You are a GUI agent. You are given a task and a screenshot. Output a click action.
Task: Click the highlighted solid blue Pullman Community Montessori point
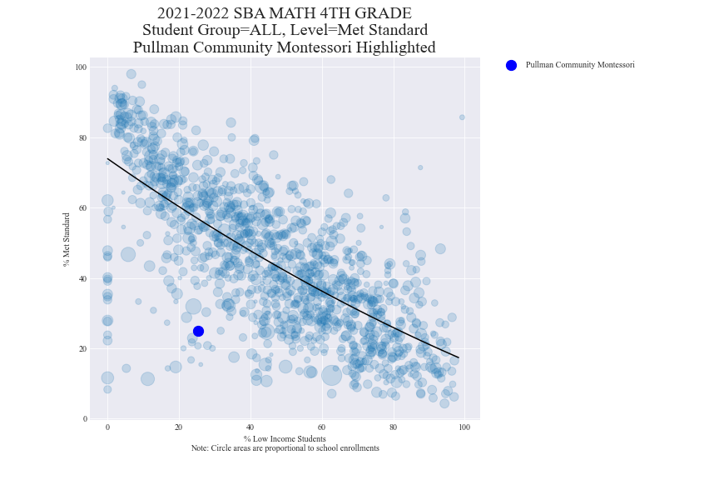click(x=198, y=331)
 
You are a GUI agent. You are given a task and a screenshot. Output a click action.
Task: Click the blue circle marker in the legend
click(x=511, y=65)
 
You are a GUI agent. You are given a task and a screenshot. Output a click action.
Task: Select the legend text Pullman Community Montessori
click(x=580, y=65)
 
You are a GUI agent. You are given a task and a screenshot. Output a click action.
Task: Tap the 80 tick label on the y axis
click(x=82, y=137)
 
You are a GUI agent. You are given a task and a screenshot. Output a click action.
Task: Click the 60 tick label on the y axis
click(x=82, y=207)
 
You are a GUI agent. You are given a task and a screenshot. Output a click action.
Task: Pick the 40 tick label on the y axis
click(x=82, y=278)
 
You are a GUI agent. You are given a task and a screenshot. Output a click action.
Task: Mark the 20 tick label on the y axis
click(x=82, y=348)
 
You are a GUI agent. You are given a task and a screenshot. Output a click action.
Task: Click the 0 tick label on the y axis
click(x=84, y=419)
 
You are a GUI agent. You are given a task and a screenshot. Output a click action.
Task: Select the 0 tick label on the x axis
click(x=107, y=427)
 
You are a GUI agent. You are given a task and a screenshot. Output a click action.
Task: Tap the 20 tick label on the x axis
click(x=178, y=427)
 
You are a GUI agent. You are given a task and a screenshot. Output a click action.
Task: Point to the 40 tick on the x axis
click(x=250, y=427)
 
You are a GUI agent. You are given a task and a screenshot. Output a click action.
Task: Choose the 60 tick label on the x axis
click(x=321, y=427)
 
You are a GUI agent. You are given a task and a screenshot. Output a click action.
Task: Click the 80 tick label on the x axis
click(x=393, y=427)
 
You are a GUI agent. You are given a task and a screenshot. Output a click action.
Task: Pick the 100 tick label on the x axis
click(x=464, y=427)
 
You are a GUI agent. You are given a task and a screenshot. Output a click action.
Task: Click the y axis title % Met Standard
click(x=66, y=239)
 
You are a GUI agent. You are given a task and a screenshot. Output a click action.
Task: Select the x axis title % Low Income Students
click(x=285, y=438)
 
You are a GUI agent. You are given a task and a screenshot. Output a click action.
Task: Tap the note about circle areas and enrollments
click(x=285, y=448)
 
